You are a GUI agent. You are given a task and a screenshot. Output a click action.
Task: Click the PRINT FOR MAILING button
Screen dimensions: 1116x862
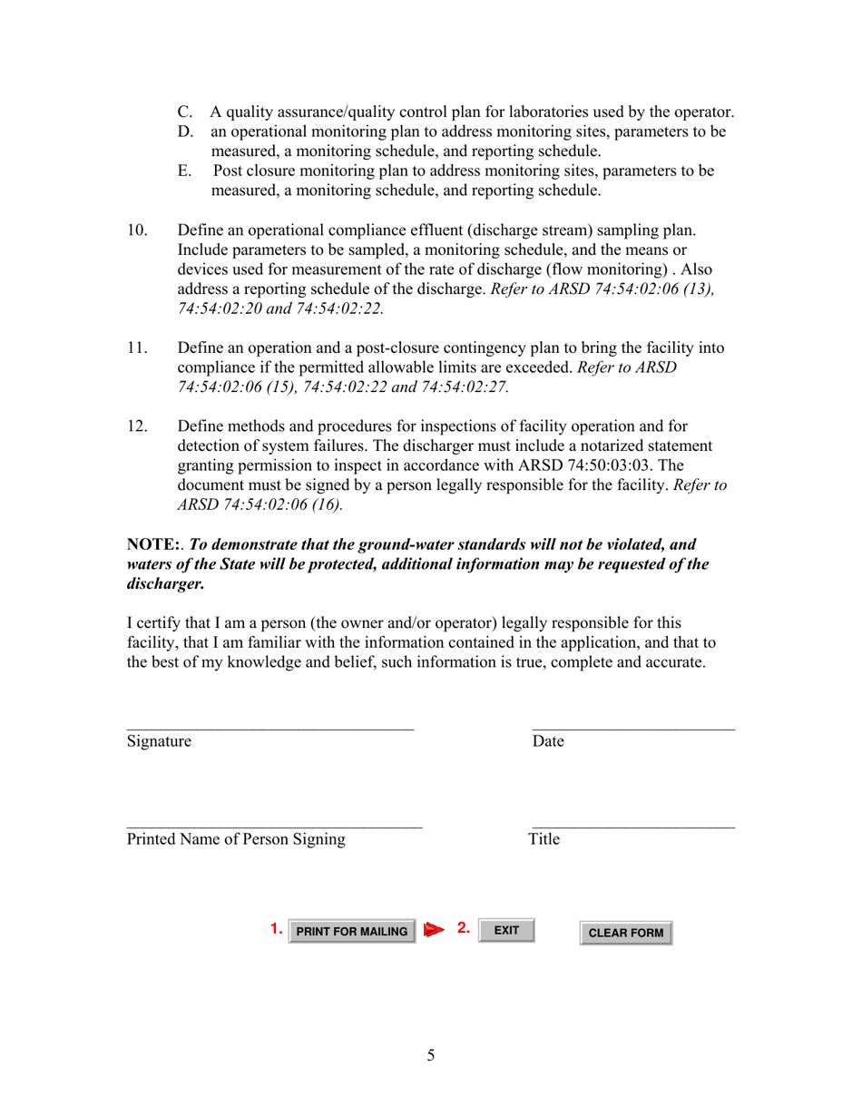pos(352,932)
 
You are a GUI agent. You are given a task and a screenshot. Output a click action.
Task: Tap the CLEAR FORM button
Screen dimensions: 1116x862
pos(626,933)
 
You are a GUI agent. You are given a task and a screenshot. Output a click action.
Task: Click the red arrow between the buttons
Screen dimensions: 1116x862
pos(434,930)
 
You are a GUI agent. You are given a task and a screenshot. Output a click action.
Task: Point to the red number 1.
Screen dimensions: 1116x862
pos(276,929)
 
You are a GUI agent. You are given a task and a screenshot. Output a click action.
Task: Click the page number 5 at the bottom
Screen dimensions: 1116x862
pos(431,1055)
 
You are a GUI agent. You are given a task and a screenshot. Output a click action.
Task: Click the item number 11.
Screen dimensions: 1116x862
pos(137,348)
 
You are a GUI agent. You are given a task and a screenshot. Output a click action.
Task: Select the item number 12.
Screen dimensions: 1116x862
pos(137,426)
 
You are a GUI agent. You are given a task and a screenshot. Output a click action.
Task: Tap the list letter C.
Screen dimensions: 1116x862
pos(185,113)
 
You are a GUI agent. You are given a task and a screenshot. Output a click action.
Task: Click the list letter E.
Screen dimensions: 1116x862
pos(184,171)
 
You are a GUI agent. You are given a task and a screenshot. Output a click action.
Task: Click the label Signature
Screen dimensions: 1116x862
pos(160,741)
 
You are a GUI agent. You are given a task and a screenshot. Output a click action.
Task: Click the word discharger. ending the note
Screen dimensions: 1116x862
pos(166,583)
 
